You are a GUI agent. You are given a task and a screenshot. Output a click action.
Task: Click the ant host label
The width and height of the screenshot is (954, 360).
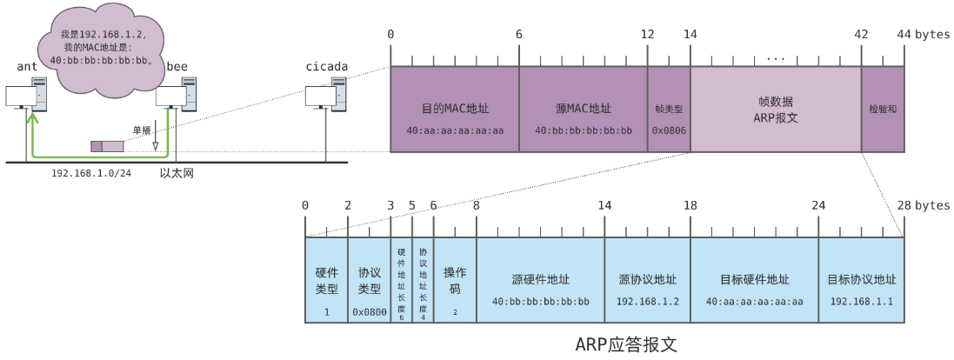[27, 67]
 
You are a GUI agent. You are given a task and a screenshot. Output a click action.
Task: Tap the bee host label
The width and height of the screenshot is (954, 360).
[177, 66]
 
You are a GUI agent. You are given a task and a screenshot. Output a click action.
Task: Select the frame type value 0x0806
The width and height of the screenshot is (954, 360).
[669, 130]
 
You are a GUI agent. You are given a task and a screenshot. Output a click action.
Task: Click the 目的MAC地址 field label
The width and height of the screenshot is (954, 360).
[455, 109]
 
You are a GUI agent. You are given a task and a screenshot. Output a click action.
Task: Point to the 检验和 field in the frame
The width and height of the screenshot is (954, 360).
[883, 110]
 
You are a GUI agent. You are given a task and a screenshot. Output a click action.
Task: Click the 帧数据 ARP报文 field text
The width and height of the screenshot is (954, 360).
[776, 110]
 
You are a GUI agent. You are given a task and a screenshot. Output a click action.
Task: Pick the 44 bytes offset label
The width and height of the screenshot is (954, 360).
[923, 35]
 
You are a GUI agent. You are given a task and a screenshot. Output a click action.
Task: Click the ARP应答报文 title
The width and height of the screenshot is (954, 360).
[626, 345]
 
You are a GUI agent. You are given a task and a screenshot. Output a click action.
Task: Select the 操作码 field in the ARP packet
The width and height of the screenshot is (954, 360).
[455, 280]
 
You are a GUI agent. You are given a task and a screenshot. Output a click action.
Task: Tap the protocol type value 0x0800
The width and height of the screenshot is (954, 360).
[370, 312]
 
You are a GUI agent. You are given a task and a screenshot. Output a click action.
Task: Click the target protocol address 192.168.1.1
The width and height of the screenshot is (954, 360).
[862, 301]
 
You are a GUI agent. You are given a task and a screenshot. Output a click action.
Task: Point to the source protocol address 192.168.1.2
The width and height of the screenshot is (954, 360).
[647, 301]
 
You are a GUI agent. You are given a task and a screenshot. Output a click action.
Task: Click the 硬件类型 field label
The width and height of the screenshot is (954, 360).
[327, 281]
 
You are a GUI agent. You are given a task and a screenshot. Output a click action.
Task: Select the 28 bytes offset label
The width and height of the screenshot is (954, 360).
[923, 205]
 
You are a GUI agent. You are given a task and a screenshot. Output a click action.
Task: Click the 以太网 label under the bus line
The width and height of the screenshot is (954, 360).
[177, 173]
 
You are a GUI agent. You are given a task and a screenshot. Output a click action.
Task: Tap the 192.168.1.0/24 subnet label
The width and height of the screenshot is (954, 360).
[91, 173]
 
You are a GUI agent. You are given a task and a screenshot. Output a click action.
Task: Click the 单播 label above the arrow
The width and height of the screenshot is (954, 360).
[142, 130]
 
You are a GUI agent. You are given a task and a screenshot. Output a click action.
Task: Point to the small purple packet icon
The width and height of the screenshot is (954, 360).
[107, 145]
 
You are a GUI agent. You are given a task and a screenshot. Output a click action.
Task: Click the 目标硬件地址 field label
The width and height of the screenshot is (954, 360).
[755, 280]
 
